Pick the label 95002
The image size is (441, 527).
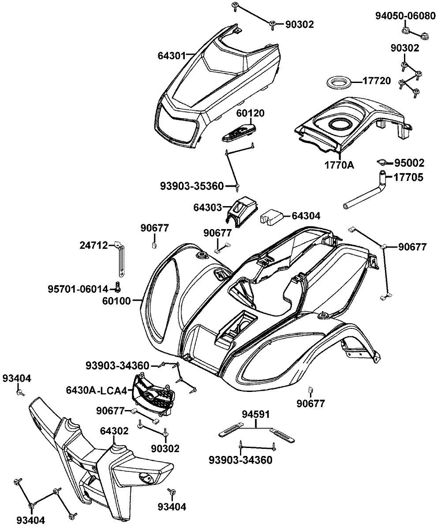click(409, 163)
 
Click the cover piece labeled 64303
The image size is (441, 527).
click(243, 212)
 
